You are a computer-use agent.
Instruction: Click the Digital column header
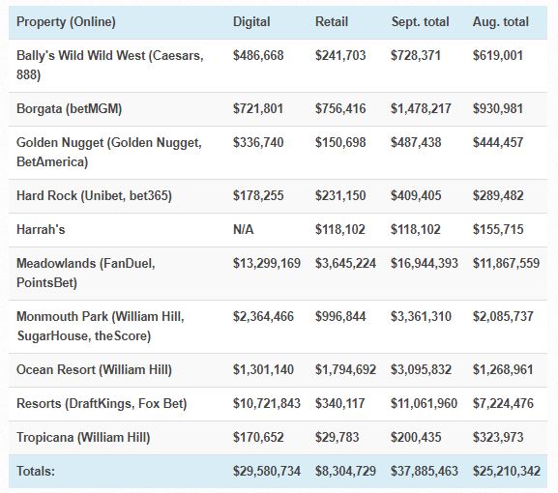(251, 21)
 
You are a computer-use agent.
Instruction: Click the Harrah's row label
(41, 229)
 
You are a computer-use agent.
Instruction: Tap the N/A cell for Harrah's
(244, 229)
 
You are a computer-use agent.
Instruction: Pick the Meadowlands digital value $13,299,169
(267, 263)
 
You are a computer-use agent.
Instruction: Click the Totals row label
(37, 472)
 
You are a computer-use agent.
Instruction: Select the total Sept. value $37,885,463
(425, 472)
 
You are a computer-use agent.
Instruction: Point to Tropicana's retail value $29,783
(338, 437)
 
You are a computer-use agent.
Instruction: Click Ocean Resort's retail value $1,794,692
(345, 368)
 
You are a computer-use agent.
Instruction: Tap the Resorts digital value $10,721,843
(267, 403)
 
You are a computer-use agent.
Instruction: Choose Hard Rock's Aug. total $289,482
(498, 195)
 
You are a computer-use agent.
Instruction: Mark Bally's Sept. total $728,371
(416, 56)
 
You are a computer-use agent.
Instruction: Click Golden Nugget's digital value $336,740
(258, 142)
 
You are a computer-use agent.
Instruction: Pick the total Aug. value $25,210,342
(506, 472)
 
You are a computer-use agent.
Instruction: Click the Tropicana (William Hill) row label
(83, 437)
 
